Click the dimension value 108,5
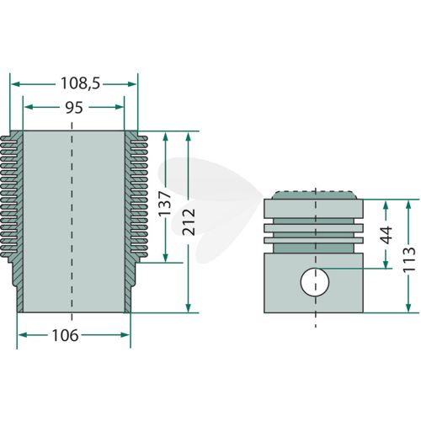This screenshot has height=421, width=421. [x=80, y=83]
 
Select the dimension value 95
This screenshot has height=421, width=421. [x=74, y=108]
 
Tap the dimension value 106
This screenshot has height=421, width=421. [x=65, y=335]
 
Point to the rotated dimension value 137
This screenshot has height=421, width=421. [x=165, y=204]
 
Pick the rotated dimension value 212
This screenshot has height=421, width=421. [x=189, y=221]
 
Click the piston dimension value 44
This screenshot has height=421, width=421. [x=386, y=235]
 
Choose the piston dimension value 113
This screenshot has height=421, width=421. [x=408, y=258]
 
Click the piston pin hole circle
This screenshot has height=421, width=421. [x=315, y=282]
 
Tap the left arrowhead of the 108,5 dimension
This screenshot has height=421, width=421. [x=15, y=84]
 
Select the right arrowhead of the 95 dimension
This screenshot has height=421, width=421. [x=120, y=107]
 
